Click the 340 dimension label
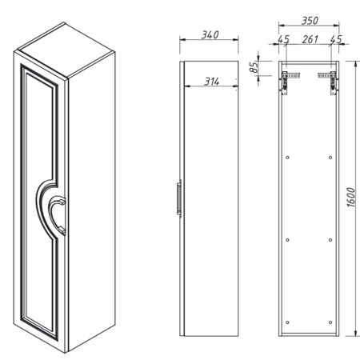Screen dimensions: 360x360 [x=210, y=34]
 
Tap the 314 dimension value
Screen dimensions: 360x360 [x=212, y=82]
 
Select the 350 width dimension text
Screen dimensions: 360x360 [x=310, y=21]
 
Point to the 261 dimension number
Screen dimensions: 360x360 [x=310, y=39]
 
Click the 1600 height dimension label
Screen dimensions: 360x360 [x=351, y=198]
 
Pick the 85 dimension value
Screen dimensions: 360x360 [x=254, y=67]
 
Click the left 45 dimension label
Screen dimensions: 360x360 [x=283, y=39]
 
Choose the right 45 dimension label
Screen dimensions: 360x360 [x=336, y=39]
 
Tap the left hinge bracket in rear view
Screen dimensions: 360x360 [x=290, y=82]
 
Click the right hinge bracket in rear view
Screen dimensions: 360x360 [x=328, y=82]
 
